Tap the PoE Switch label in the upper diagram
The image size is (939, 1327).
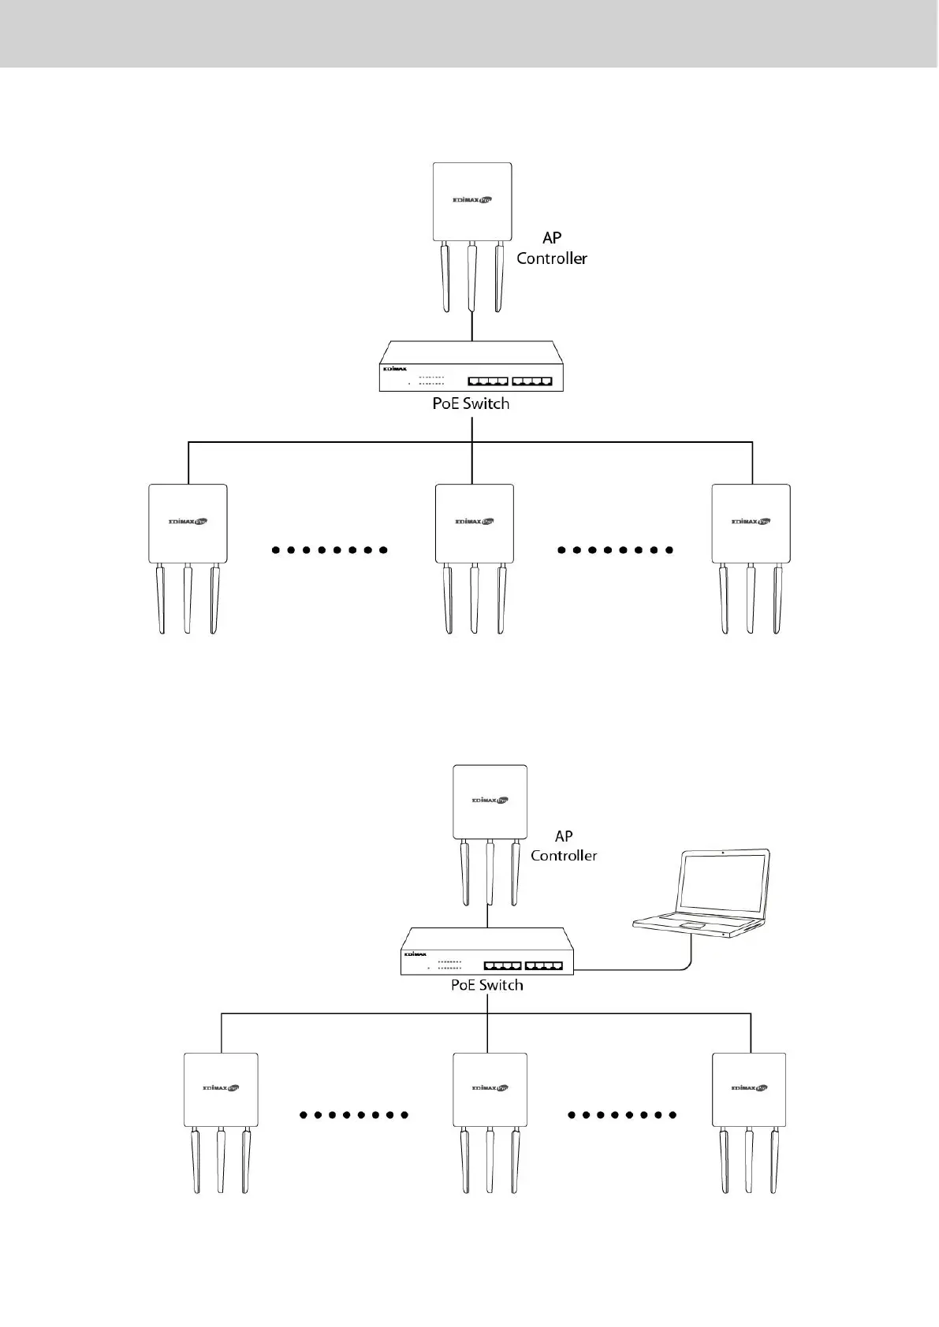point(471,403)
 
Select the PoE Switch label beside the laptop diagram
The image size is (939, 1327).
point(486,985)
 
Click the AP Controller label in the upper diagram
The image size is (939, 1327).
point(552,248)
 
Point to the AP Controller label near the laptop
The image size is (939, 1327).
point(564,846)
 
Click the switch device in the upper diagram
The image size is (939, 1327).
point(471,367)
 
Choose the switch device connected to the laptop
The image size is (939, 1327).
point(486,952)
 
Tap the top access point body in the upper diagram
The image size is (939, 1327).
point(472,202)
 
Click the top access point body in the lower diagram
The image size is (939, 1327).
point(490,801)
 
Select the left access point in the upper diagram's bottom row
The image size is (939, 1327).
point(188,523)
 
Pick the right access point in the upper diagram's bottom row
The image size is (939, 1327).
point(751,523)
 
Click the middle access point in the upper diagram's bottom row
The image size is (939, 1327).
point(474,523)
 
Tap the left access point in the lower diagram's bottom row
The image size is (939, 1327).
point(221,1090)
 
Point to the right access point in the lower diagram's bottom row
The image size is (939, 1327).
point(749,1090)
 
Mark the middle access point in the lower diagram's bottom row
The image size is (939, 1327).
point(490,1090)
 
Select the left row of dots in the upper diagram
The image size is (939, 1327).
point(330,550)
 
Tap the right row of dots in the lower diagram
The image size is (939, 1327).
point(623,1115)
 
